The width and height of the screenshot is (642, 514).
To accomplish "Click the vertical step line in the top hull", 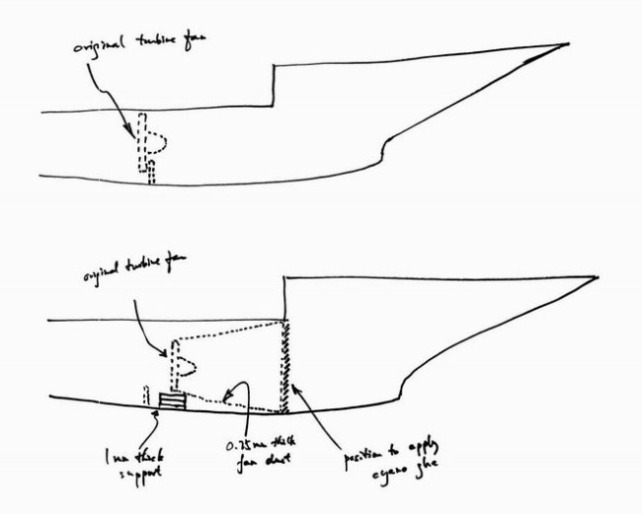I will coord(272,86).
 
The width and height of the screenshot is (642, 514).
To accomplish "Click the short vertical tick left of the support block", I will coord(147,395).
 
